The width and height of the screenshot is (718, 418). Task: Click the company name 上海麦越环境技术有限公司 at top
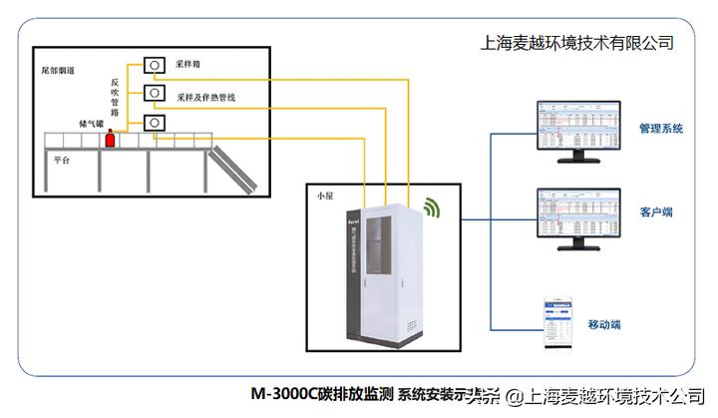(x=577, y=42)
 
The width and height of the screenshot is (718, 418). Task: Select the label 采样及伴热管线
(x=206, y=98)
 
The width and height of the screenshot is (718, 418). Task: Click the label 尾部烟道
(x=57, y=70)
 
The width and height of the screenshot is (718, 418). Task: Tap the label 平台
(x=62, y=159)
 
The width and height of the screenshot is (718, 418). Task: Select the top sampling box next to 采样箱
(x=156, y=65)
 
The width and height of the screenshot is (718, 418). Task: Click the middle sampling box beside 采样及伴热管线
(x=156, y=94)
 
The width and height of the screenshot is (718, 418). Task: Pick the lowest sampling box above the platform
(x=156, y=123)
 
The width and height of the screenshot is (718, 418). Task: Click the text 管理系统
(x=660, y=128)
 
